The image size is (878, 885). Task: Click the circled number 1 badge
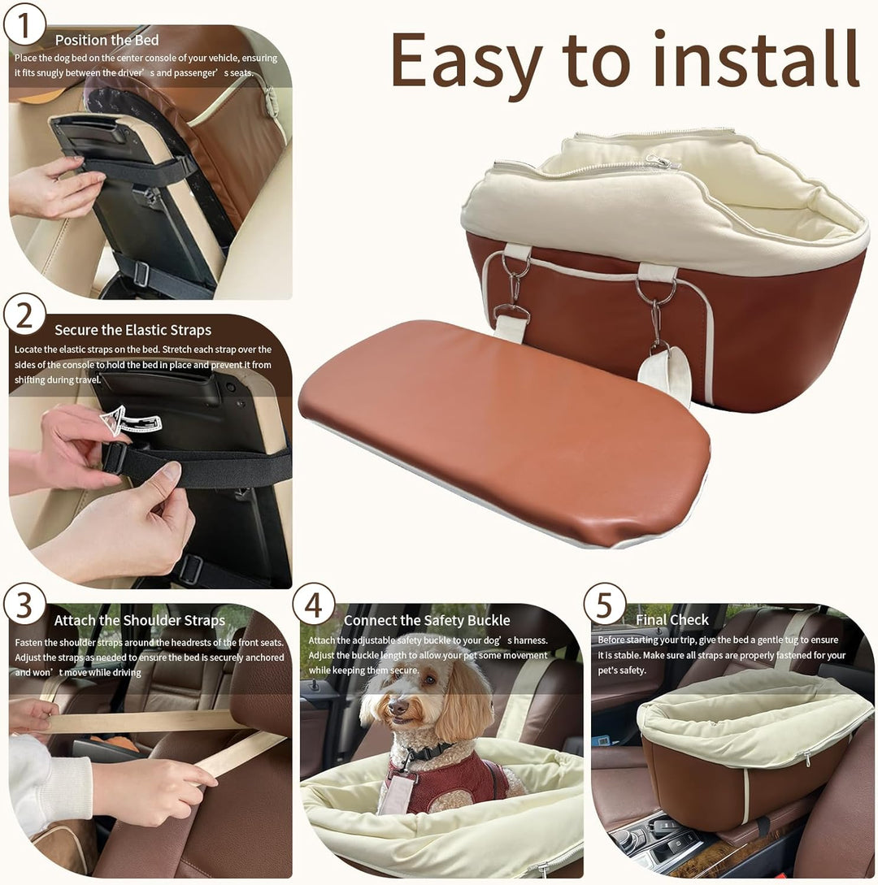coord(24,25)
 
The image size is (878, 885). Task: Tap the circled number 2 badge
coord(24,315)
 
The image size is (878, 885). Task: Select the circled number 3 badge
coord(24,605)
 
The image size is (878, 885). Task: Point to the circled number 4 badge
coord(314,605)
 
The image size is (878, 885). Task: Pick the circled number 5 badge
coord(605,605)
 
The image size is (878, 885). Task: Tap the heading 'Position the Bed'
coord(106,40)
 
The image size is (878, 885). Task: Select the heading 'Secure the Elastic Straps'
coord(133,330)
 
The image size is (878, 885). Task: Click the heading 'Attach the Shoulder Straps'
coord(140,620)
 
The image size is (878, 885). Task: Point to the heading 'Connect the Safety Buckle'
coord(427,620)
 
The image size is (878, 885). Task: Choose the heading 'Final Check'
coord(672,620)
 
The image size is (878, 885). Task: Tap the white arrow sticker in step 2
coord(130,420)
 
